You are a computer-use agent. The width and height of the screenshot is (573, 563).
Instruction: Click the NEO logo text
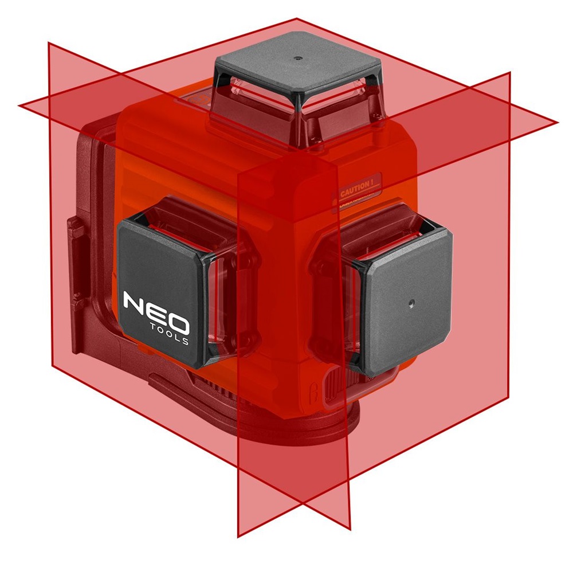(155, 310)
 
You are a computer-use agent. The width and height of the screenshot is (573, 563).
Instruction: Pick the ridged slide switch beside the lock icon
(333, 383)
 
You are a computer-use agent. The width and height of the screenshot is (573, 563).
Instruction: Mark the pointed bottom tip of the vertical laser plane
(237, 537)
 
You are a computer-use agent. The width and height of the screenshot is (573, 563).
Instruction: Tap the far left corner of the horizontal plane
(19, 105)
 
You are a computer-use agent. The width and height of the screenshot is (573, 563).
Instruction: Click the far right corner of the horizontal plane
(557, 122)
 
